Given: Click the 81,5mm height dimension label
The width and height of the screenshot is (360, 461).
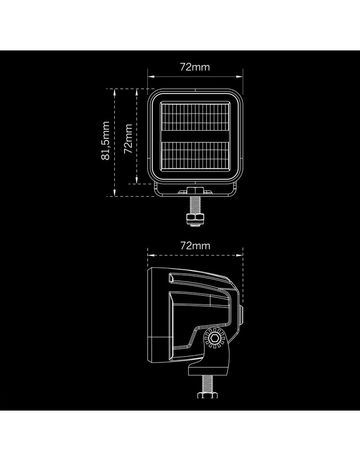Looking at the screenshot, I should [106, 140].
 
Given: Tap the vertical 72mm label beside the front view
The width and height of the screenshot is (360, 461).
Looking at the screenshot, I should [129, 138].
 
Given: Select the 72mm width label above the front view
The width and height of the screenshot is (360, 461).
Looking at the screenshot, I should [195, 67].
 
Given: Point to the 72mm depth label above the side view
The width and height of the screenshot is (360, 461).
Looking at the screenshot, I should [195, 246].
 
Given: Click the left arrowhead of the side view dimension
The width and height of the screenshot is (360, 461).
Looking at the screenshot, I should [149, 254].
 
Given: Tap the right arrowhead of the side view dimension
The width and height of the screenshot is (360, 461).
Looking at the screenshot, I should [241, 254].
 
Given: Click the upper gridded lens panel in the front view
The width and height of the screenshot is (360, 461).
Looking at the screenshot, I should [195, 118].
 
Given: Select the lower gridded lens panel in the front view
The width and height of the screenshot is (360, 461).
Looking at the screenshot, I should [195, 155].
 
